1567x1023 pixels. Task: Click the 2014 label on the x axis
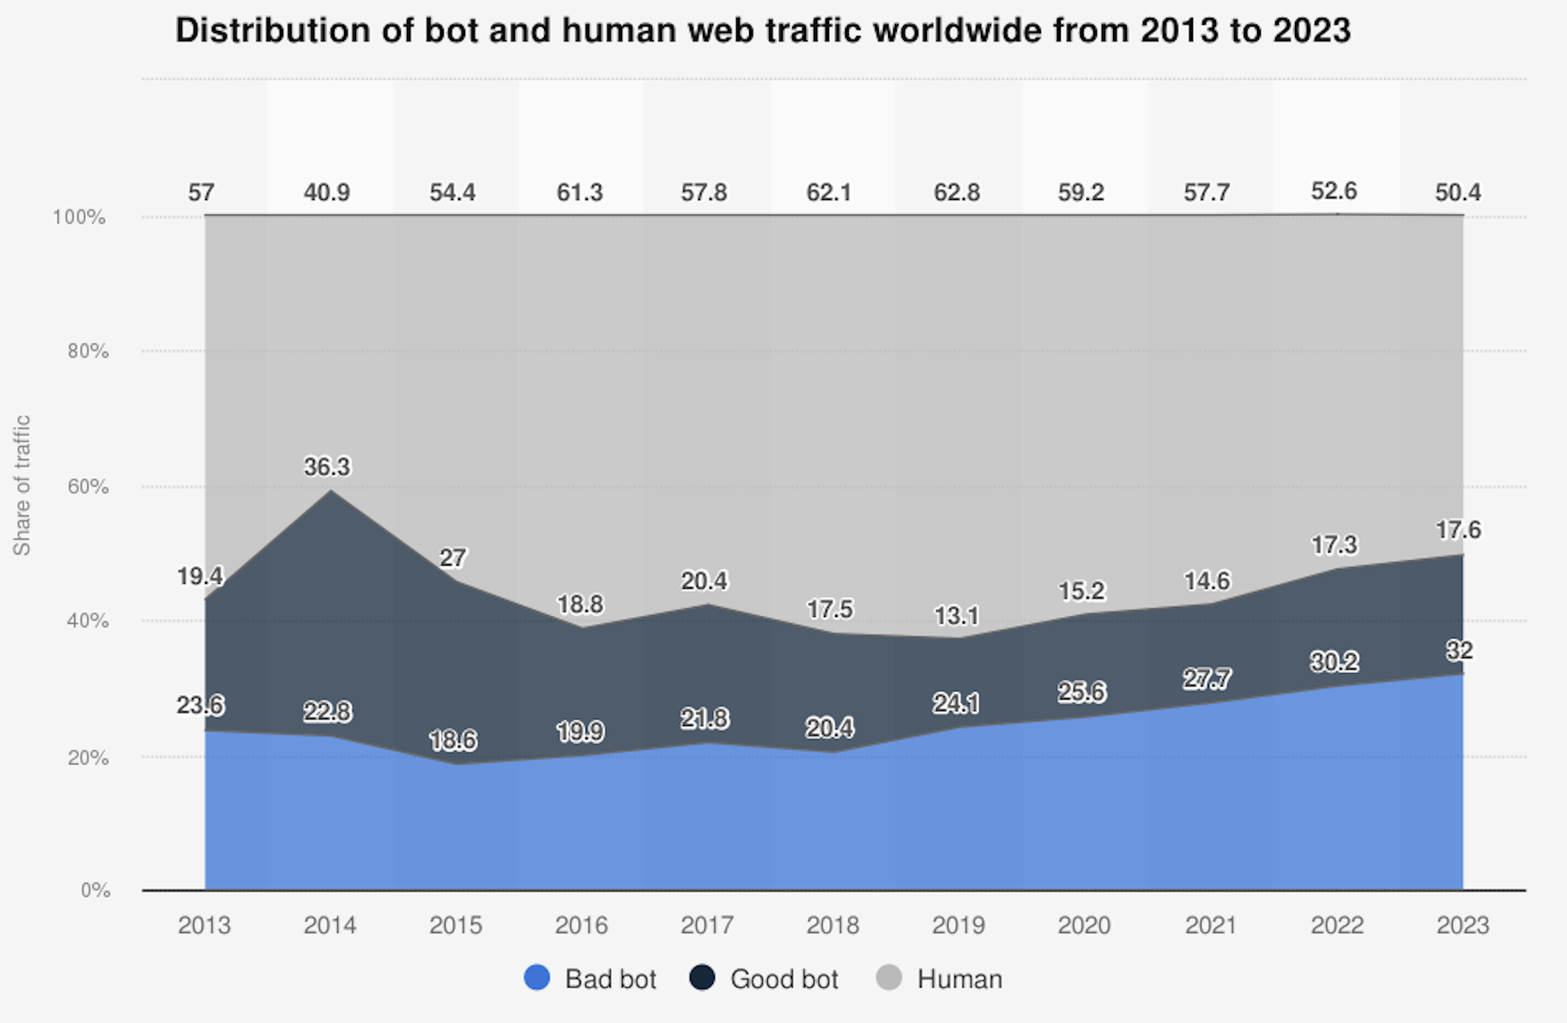click(330, 925)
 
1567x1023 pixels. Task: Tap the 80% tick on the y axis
click(88, 351)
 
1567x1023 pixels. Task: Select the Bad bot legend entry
click(590, 978)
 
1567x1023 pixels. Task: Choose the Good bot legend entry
click(765, 978)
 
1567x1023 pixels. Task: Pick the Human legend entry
click(939, 978)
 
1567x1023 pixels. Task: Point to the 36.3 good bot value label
click(327, 467)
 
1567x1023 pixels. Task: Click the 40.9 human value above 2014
click(327, 192)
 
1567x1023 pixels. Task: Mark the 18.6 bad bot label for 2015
click(452, 740)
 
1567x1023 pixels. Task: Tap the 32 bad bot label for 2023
click(1459, 651)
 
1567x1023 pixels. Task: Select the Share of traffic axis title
click(21, 485)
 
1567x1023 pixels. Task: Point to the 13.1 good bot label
click(956, 615)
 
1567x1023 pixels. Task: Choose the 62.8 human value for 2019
click(956, 192)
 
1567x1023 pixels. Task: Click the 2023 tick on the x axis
click(1462, 925)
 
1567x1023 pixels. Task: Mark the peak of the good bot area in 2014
click(330, 491)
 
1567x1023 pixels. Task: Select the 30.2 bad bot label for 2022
click(1334, 662)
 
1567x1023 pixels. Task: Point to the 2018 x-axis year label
click(832, 925)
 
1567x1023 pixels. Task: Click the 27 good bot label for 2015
click(452, 558)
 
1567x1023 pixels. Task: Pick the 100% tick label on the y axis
click(79, 217)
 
